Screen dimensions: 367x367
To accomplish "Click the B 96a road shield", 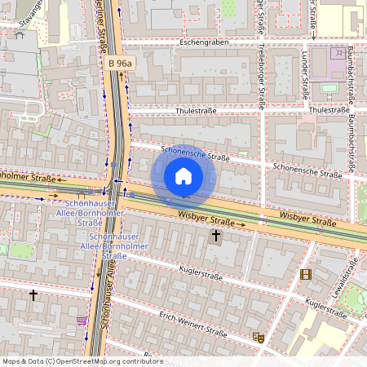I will tap(121, 62).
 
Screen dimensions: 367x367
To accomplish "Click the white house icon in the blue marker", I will tap(183, 175).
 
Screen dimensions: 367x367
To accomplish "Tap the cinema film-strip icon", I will tap(306, 275).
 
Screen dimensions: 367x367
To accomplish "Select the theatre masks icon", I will tap(259, 336).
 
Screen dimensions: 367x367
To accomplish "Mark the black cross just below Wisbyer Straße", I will tap(216, 237).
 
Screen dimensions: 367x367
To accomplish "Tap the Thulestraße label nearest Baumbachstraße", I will tap(329, 109).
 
